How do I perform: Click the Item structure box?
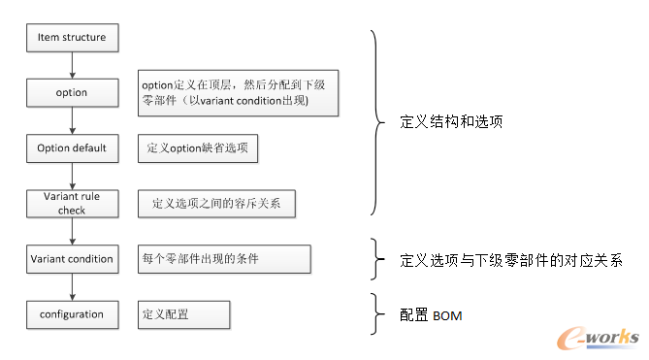[72, 37]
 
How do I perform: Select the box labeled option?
[72, 93]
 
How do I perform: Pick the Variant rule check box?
[72, 204]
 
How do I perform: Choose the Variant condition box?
[72, 259]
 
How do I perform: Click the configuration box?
[72, 314]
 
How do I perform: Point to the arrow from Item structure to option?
[72, 64]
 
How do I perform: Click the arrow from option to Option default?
[72, 120]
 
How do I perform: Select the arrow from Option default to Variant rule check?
[72, 176]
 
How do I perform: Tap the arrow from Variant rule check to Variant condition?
[72, 231]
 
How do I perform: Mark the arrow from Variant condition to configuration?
[72, 286]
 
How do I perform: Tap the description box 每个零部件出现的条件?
[224, 259]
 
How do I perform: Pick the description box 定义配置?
[183, 314]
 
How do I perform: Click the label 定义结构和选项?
[450, 124]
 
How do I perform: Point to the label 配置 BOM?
[431, 315]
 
